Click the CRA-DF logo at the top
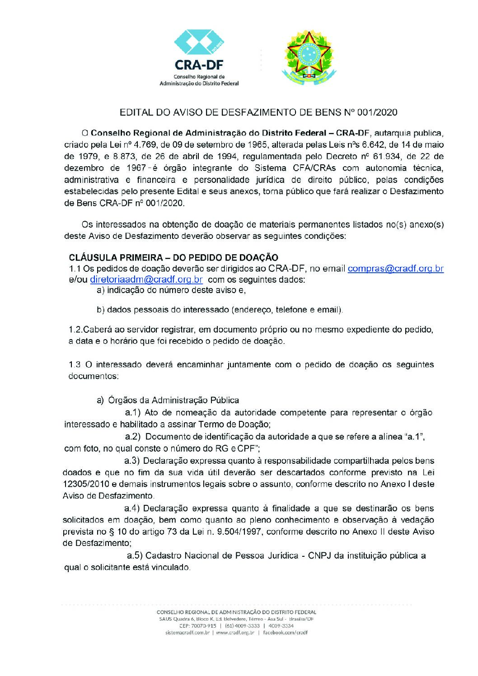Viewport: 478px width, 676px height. [199, 57]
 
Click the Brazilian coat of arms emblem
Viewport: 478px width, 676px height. [309, 57]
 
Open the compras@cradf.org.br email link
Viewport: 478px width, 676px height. [395, 269]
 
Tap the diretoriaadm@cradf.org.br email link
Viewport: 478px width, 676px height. [146, 280]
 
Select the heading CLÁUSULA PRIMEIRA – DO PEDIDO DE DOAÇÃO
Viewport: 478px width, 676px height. [173, 257]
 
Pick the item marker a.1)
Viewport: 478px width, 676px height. [134, 412]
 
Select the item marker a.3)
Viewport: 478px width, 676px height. [133, 461]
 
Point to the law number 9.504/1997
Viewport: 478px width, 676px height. [239, 531]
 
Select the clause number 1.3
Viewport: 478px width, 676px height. [75, 364]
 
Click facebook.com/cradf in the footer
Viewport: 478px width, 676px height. [285, 633]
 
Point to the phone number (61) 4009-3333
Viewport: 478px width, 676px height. [242, 626]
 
